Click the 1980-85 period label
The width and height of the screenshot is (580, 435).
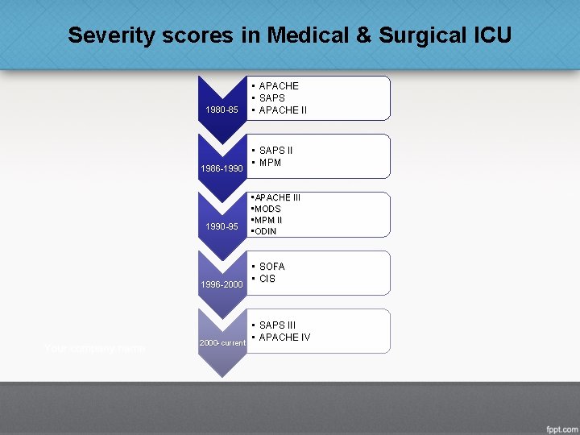click(222, 110)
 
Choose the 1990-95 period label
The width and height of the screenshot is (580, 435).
click(222, 226)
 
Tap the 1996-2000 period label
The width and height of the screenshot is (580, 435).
click(222, 284)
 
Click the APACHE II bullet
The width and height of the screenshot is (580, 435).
click(282, 110)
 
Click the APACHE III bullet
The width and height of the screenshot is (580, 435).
click(278, 197)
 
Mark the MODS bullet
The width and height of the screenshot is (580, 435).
click(268, 209)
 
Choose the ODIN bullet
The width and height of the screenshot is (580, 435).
click(267, 231)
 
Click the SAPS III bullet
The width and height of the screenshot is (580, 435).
click(277, 325)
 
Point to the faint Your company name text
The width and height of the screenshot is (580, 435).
click(95, 348)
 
